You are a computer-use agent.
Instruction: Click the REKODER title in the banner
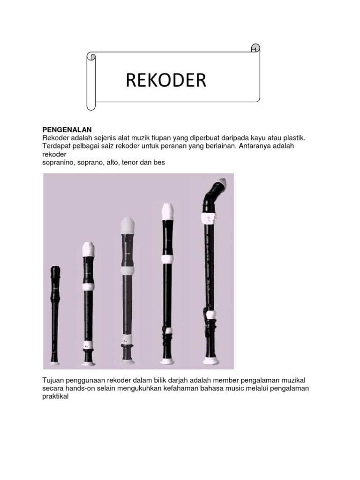pyautogui.click(x=166, y=80)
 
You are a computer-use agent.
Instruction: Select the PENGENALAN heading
pyautogui.click(x=67, y=130)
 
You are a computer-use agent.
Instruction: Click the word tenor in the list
pyautogui.click(x=129, y=163)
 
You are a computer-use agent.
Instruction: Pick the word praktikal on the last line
pyautogui.click(x=55, y=397)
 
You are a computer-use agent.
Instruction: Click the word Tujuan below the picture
pyautogui.click(x=53, y=381)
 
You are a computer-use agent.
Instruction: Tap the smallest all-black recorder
pyautogui.click(x=55, y=315)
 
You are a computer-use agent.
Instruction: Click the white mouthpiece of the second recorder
pyautogui.click(x=89, y=249)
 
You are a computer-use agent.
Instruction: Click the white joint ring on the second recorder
pyautogui.click(x=88, y=287)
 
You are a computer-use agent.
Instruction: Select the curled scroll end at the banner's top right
pyautogui.click(x=255, y=48)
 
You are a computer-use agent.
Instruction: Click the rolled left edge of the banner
pyautogui.click(x=91, y=81)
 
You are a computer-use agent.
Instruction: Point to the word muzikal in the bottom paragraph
pyautogui.click(x=293, y=381)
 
